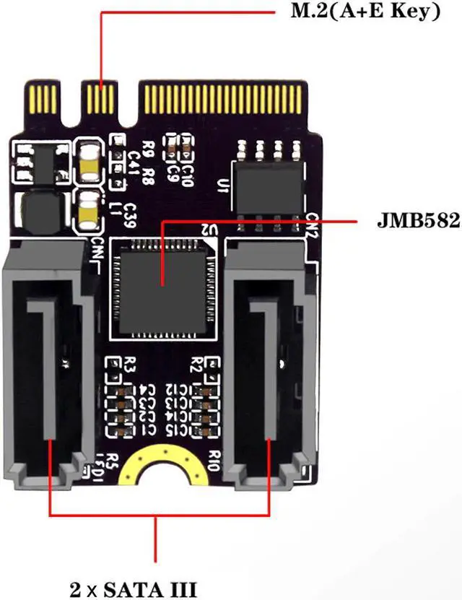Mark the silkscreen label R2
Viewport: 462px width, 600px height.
pos(197,363)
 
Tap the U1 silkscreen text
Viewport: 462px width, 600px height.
pos(223,187)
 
